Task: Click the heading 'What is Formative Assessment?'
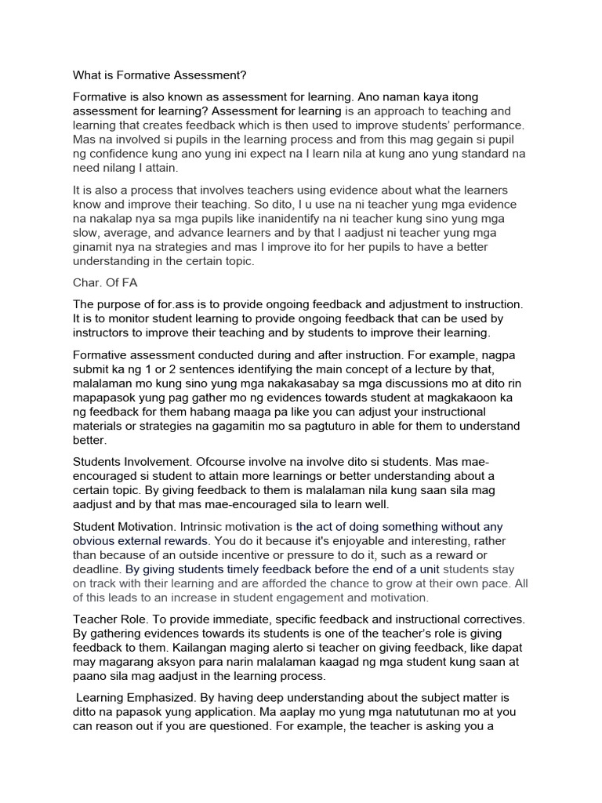(159, 75)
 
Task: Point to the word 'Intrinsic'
(206, 527)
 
